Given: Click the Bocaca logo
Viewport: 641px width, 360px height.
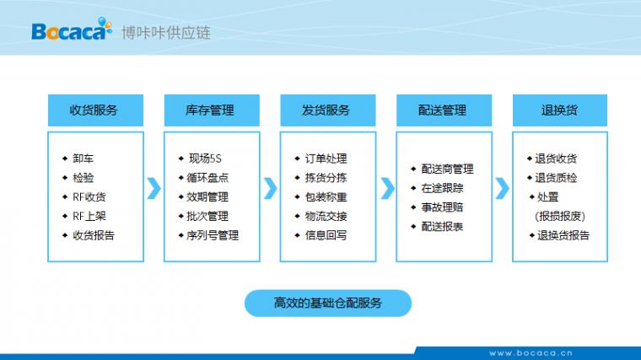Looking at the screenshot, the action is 72,30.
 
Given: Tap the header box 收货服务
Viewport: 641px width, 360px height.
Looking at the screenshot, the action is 95,110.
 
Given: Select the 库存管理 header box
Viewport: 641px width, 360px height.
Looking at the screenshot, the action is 212,110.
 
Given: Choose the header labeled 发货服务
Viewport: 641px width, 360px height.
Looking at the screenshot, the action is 328,110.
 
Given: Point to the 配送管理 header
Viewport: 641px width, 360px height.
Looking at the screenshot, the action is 444,110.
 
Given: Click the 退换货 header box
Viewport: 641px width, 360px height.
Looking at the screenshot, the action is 560,110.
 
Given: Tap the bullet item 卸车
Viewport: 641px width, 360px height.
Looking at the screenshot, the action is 83,159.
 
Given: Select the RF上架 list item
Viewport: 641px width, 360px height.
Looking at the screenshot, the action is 89,216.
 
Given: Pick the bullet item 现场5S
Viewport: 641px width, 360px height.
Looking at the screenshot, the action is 205,159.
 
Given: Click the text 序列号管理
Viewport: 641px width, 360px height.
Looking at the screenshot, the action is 213,235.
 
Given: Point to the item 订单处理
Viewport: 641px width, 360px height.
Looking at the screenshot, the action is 326,159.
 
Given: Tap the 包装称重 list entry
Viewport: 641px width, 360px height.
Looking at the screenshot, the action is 326,197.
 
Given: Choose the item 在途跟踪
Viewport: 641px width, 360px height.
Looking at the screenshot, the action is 442,188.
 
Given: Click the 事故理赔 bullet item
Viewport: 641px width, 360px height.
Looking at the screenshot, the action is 442,207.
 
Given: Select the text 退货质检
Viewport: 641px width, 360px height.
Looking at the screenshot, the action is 556,178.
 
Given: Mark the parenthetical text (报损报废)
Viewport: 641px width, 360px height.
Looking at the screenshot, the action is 560,216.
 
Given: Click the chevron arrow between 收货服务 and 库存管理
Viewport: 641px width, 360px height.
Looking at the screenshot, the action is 154,188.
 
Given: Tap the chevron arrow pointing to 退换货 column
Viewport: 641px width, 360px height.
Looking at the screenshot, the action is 503,188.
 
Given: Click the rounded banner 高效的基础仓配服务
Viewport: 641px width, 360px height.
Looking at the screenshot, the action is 328,304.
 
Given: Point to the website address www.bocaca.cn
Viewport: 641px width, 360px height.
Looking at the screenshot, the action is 531,353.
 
